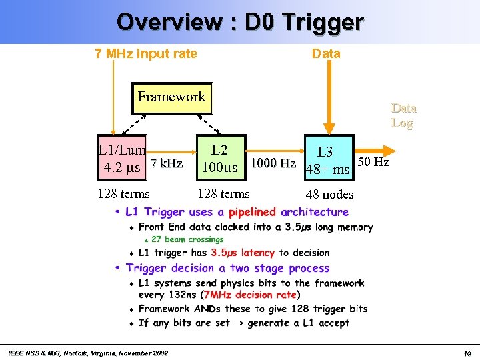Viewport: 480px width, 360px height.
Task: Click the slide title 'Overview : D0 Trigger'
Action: coord(240,21)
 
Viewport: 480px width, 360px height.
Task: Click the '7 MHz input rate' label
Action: coord(146,53)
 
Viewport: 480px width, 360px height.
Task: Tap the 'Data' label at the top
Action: coord(326,53)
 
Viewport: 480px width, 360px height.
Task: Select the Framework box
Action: coord(171,97)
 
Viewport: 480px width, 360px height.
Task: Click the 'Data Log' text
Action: coord(403,115)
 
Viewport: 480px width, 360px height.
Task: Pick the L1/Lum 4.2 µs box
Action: coord(122,160)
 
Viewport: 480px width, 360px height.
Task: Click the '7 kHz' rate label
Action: coord(167,163)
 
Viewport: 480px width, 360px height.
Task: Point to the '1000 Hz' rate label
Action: coord(273,164)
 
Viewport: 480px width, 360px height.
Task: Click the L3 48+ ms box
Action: coord(327,161)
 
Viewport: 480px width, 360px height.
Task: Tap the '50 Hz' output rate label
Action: coord(373,161)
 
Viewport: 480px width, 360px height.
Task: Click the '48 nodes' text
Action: coord(329,195)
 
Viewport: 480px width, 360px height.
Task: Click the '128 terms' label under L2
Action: coord(223,194)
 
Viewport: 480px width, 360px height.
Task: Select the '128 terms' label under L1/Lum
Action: coord(123,194)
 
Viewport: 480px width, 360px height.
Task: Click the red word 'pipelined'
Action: coord(252,212)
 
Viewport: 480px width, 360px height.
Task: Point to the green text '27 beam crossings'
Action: coord(187,239)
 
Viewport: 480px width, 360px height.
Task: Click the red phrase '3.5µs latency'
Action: coord(243,253)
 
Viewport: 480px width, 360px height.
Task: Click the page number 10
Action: coord(467,353)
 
